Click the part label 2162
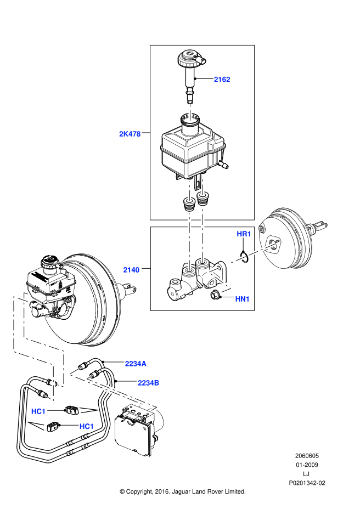click(222, 80)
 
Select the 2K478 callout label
click(130, 133)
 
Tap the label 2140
click(131, 269)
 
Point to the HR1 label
click(244, 234)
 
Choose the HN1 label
click(243, 299)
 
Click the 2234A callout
click(136, 363)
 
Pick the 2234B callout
click(149, 383)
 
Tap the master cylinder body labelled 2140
click(192, 280)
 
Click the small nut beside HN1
click(216, 297)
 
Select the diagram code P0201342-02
click(307, 483)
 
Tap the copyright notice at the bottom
click(182, 491)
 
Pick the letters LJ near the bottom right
click(306, 474)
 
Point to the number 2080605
click(307, 456)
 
